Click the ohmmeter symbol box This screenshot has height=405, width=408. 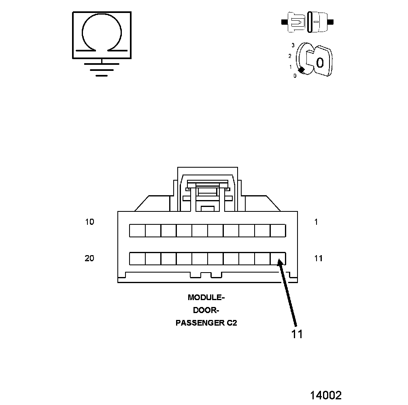102,36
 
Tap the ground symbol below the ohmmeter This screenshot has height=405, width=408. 102,69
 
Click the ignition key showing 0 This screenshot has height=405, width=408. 318,61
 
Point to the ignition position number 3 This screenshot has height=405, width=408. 293,45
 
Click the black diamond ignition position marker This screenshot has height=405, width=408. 301,70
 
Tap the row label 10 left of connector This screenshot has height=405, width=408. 89,222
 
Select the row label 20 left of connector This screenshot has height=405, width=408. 89,258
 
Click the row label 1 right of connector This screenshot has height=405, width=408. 317,222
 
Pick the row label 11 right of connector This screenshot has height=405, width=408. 319,258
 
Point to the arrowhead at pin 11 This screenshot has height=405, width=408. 279,263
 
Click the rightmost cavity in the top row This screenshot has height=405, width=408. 278,230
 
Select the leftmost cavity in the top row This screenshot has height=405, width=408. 137,230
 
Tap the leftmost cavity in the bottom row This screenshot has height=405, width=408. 137,259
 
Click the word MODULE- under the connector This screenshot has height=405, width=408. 206,298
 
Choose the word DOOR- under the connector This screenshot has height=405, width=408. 206,311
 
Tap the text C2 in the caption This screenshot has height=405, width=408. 232,324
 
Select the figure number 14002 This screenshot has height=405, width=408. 326,395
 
